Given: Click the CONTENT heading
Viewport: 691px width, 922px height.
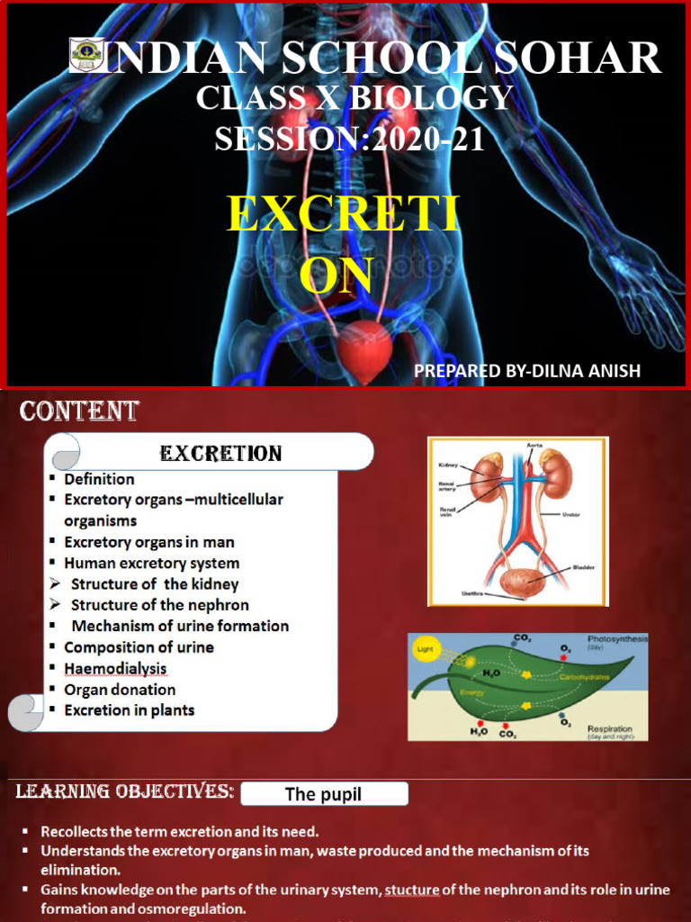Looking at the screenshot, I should [x=79, y=411].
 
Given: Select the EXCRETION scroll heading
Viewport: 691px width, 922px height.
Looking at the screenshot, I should [x=220, y=453].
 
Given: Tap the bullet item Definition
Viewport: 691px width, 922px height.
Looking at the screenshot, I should [x=99, y=479].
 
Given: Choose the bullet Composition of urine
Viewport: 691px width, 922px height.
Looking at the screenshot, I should [x=139, y=646].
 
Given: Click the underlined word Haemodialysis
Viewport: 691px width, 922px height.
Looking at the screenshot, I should [x=115, y=668].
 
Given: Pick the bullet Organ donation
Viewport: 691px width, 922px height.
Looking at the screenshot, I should [x=120, y=690].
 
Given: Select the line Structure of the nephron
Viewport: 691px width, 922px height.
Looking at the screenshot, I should [x=160, y=605].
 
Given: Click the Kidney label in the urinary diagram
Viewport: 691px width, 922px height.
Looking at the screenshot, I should [x=448, y=466].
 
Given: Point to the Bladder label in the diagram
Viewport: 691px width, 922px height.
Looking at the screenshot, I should [x=583, y=568].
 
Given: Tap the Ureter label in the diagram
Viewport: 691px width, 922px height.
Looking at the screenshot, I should [x=570, y=515].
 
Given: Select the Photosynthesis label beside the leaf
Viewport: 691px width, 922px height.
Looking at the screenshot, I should [x=617, y=638].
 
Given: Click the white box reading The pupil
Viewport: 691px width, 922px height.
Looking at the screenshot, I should [x=323, y=793].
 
